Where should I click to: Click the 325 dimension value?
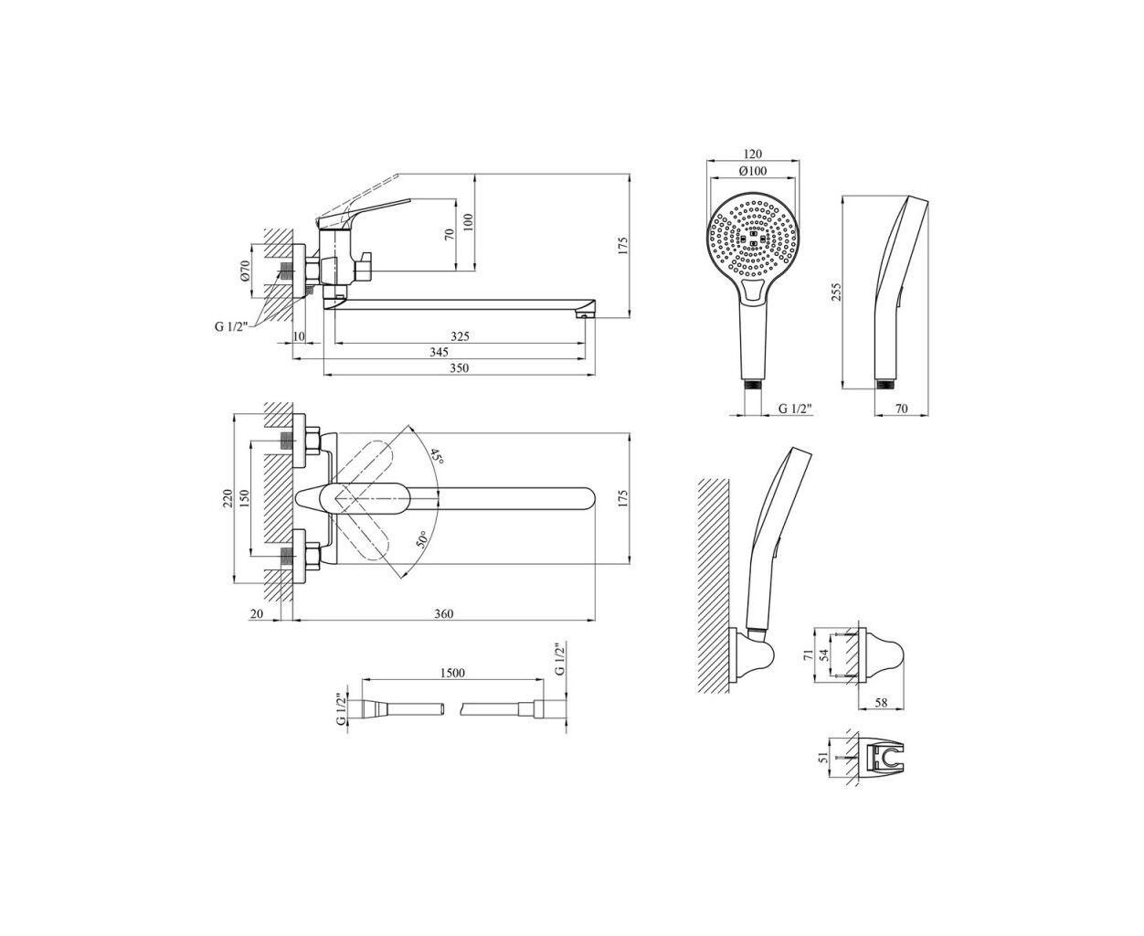pos(460,335)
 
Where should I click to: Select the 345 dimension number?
pos(439,352)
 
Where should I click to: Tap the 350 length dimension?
pos(459,367)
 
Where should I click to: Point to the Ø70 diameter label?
pos(245,270)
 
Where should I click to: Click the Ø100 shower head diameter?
pos(753,170)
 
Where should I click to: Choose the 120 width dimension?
pos(753,154)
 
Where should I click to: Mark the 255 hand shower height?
pos(836,292)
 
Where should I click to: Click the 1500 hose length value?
pos(452,673)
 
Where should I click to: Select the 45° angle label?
pos(437,456)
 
